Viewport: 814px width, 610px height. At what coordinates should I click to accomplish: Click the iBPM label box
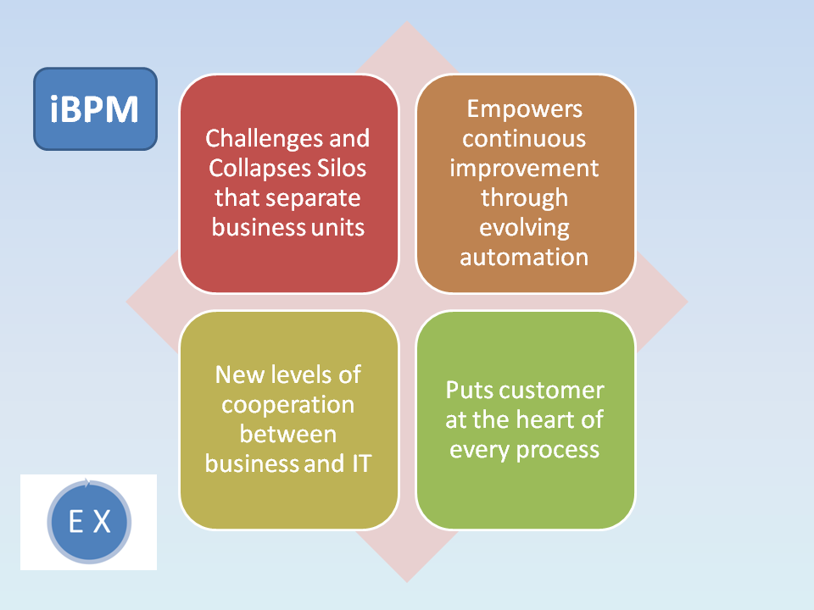(95, 109)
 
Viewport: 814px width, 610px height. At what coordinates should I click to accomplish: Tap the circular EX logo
(89, 522)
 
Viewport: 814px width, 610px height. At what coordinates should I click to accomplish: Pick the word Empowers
(524, 109)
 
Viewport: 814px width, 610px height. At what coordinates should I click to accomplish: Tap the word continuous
(524, 138)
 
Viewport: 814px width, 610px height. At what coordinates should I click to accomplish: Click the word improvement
(524, 168)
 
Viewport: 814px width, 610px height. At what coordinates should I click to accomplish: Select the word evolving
(524, 227)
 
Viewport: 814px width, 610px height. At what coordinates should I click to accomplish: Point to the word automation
(524, 257)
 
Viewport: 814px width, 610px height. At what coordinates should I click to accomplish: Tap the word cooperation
(287, 405)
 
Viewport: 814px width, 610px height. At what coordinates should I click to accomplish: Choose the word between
(287, 435)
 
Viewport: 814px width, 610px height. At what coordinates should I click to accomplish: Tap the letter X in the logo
(102, 522)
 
